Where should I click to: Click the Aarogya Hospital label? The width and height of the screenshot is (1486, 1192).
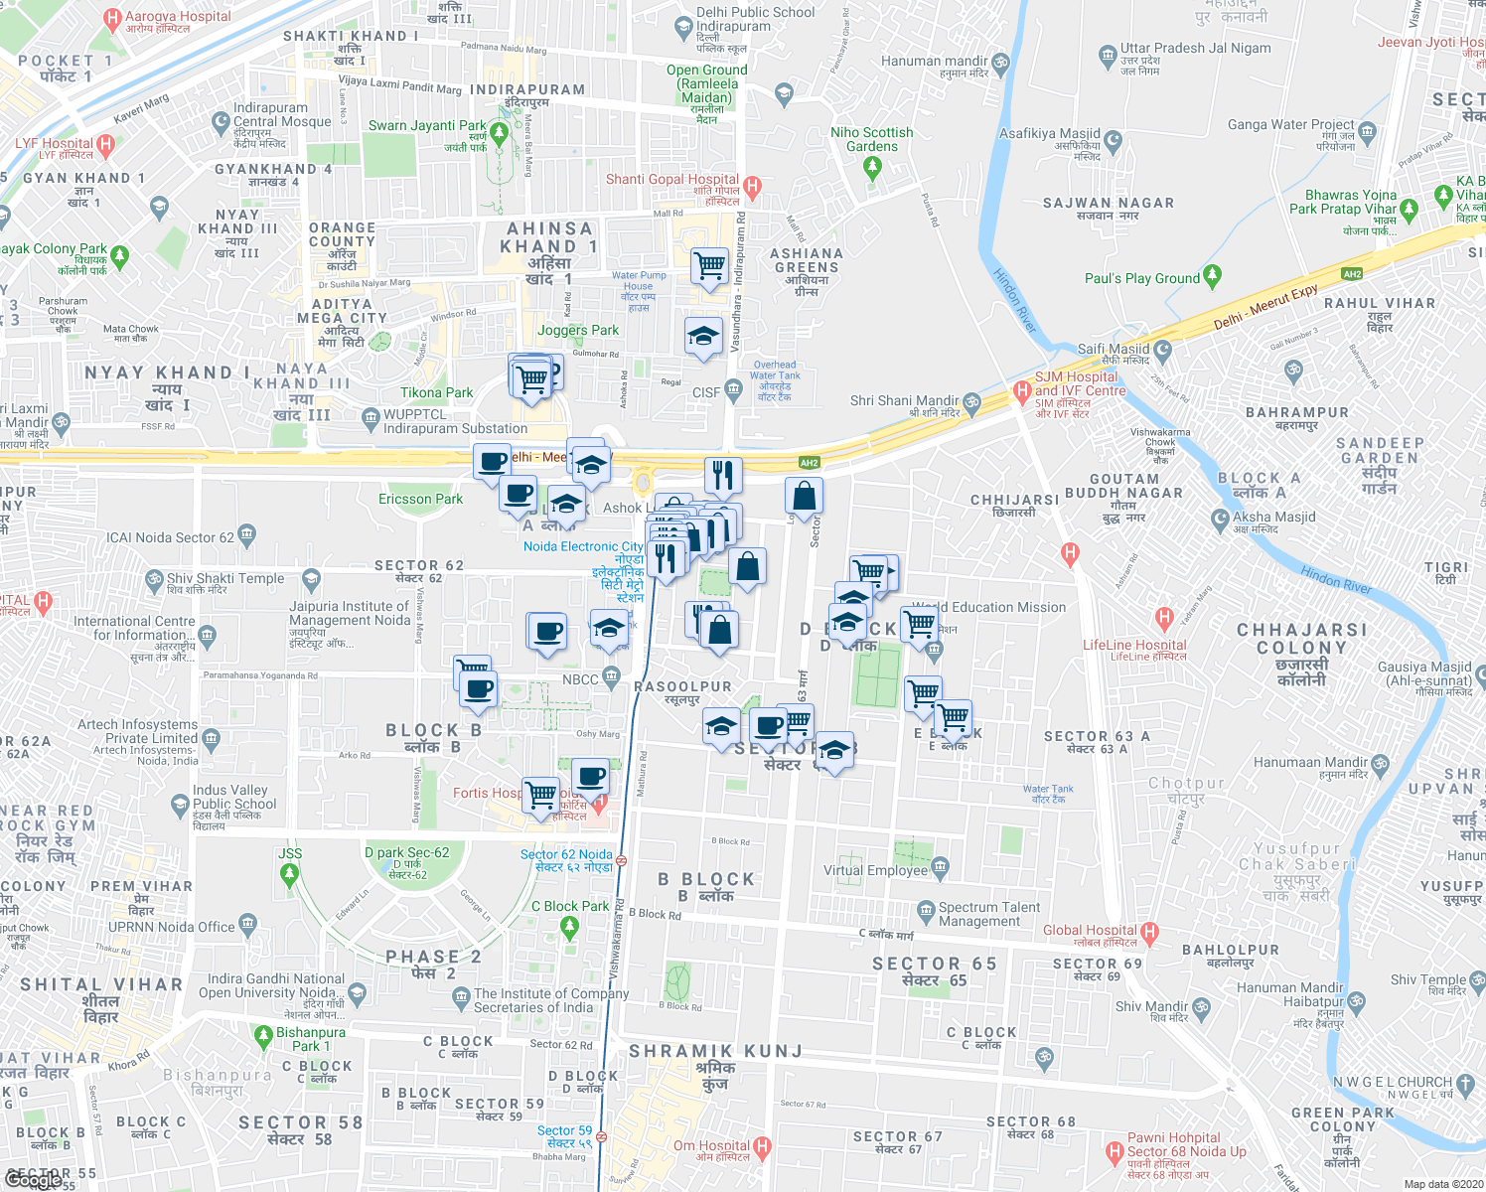click(x=178, y=17)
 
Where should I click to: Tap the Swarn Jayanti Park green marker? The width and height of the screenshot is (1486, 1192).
click(x=499, y=133)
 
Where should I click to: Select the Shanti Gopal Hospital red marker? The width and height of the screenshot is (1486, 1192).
click(x=752, y=186)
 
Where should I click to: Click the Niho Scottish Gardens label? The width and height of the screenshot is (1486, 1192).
click(x=871, y=139)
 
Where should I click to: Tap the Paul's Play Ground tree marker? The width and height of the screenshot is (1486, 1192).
click(x=1212, y=276)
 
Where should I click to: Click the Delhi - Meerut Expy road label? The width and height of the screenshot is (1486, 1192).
click(x=1265, y=307)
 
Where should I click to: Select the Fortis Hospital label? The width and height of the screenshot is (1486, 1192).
click(x=487, y=793)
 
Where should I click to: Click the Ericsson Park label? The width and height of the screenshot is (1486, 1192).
click(x=420, y=499)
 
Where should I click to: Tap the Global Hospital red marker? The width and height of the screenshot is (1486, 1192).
click(x=1150, y=933)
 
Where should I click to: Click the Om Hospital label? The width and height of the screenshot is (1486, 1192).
click(x=711, y=1145)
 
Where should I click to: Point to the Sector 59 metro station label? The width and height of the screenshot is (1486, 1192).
click(x=564, y=1130)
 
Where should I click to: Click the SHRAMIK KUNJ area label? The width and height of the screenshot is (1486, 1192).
click(x=715, y=1051)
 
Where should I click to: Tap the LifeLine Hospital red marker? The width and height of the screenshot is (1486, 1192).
click(x=1165, y=621)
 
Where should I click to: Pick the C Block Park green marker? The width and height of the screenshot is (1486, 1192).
click(x=569, y=928)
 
